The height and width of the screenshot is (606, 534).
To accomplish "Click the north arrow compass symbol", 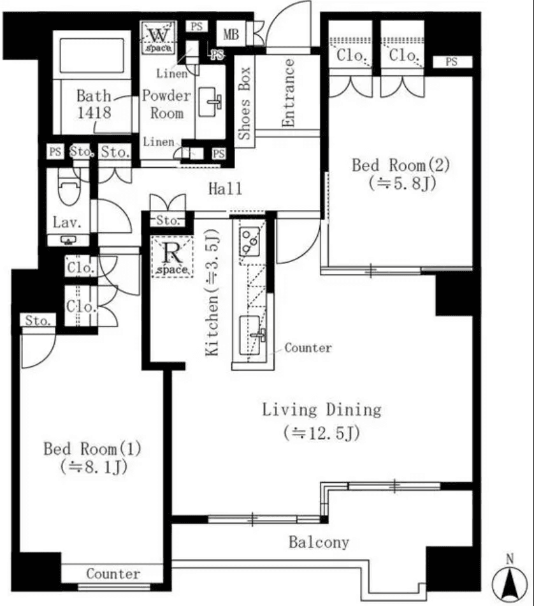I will (x=510, y=580).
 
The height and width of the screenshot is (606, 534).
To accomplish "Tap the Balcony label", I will (x=319, y=543).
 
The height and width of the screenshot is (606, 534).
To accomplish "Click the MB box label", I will (x=231, y=34).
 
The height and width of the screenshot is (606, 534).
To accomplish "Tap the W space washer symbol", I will (x=156, y=35).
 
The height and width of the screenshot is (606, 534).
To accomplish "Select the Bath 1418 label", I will (x=94, y=105).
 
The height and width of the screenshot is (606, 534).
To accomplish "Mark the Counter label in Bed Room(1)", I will (x=113, y=573).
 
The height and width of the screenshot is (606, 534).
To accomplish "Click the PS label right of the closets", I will (x=452, y=61).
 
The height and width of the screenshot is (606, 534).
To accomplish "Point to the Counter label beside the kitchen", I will (x=308, y=348).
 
